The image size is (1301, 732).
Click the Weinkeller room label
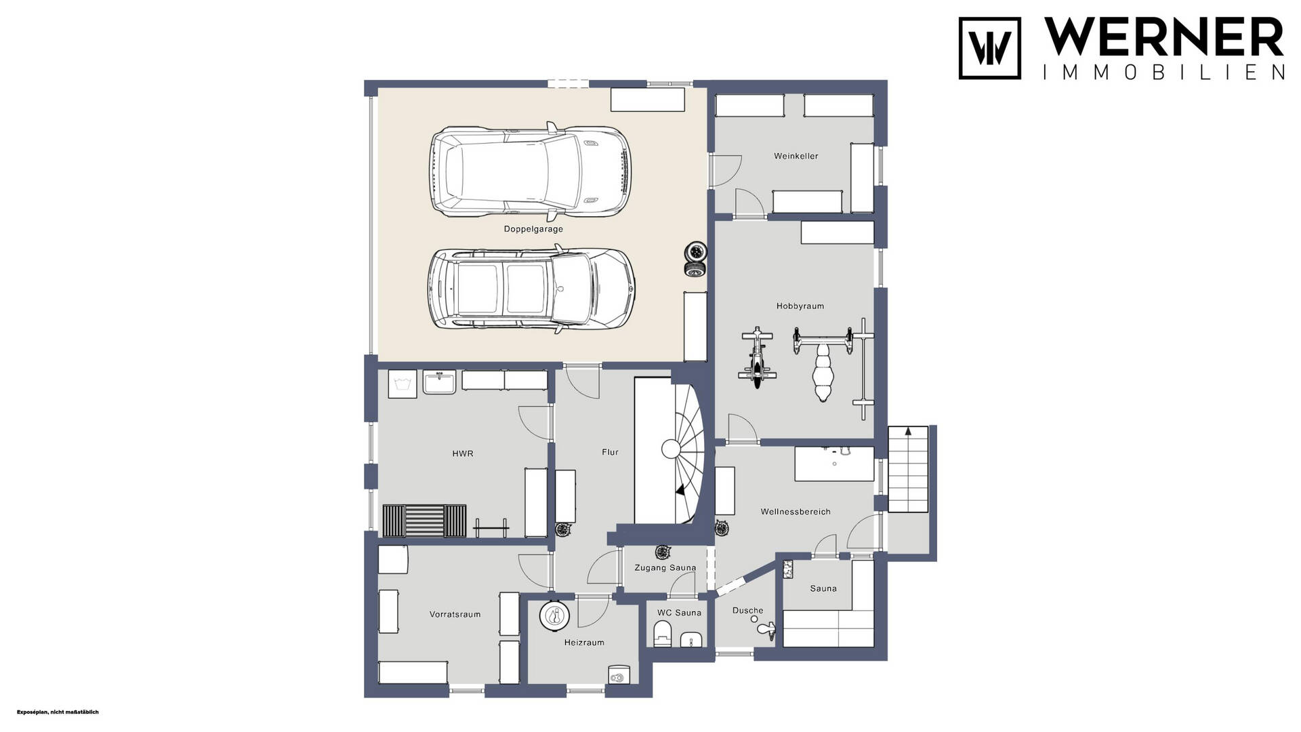pos(796,156)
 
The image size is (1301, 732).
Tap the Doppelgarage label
pos(533,229)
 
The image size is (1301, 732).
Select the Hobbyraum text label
pos(800,306)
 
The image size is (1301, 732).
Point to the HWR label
pos(463,453)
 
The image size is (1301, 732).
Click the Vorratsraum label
pos(455,615)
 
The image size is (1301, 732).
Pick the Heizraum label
pos(584,643)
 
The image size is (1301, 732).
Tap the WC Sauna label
pos(679,613)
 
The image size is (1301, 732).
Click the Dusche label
pos(748,611)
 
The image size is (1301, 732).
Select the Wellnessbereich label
pos(796,512)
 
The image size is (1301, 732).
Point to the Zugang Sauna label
pos(665,568)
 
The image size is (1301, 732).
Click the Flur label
pos(610,452)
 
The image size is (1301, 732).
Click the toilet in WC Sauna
pos(661,636)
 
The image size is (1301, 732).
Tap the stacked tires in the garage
pos(695,260)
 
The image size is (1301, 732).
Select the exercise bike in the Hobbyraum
pos(757,358)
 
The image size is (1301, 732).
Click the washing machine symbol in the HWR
pos(402,384)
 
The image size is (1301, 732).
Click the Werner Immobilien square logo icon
pos(989,48)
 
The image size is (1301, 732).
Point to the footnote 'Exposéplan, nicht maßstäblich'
pos(58,712)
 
